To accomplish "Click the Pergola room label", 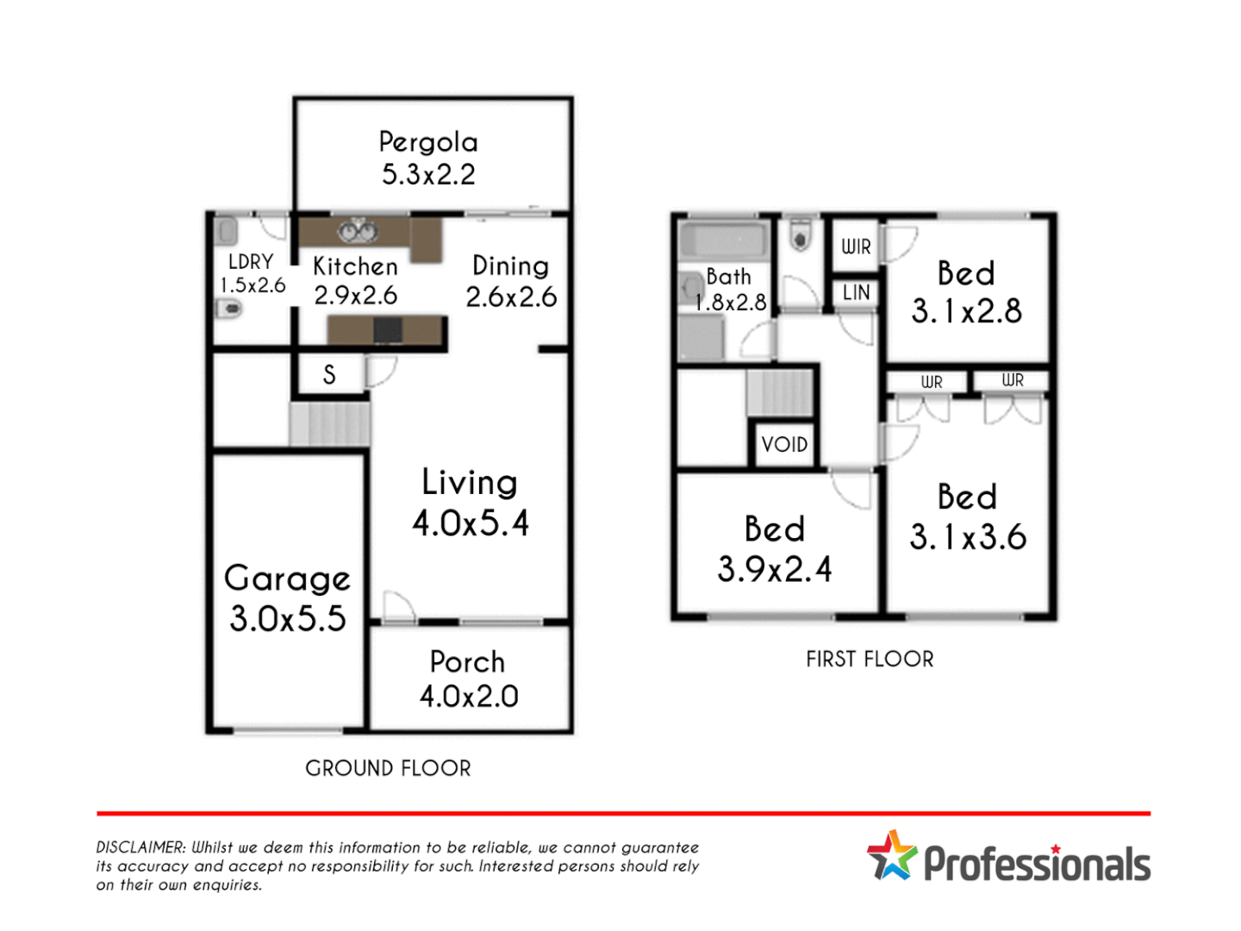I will pos(428,142).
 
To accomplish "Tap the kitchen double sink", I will pos(357,232).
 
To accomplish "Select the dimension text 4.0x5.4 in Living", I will pos(471,523).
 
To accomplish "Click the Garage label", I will pos(287,578).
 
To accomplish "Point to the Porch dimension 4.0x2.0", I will pos(469,697).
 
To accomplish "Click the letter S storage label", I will pos(329,375).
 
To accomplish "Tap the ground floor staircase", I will pos(330,423).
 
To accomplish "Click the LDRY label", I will pos(251,262).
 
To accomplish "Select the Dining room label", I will pos(511,266).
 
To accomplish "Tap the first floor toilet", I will pos(801,234).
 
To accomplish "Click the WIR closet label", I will pos(856,247).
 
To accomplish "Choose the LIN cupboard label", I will pos(856,293).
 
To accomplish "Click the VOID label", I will pos(784,445).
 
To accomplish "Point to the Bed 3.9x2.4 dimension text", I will pos(775,569).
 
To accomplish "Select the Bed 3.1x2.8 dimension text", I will pos(967,311).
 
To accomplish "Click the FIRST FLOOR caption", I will pos(870,659).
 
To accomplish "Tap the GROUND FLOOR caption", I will pos(388,768).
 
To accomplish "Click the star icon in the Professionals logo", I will pos(892,855).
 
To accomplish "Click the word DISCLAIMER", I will pos(140,847).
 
